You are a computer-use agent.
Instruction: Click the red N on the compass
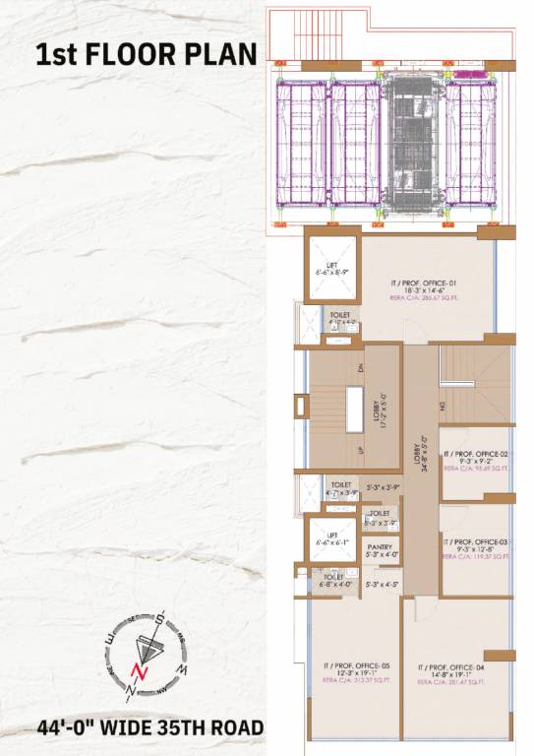tap(140, 673)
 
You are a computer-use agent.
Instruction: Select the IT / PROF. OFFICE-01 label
tap(426, 283)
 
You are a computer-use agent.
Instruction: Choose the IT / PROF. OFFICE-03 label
tap(475, 541)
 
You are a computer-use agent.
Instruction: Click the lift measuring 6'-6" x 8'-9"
tap(330, 267)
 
